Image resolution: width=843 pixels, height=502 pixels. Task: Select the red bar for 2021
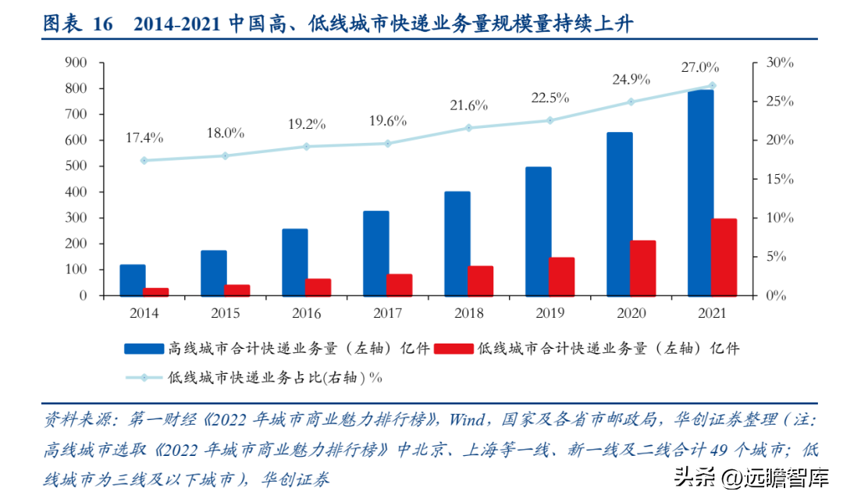tap(724, 257)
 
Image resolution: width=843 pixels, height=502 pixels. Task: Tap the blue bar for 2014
tap(133, 280)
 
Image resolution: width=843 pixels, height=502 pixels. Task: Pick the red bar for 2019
tap(562, 276)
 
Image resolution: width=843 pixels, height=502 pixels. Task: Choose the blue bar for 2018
tap(457, 244)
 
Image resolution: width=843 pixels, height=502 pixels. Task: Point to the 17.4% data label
tap(144, 138)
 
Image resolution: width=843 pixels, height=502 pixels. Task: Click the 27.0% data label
tap(700, 67)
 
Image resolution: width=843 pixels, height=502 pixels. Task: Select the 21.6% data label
tap(468, 105)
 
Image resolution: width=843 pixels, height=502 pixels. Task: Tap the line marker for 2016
tap(306, 147)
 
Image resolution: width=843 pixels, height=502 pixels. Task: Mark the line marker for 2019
tap(550, 120)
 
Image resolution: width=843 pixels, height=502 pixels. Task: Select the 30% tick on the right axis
tap(778, 62)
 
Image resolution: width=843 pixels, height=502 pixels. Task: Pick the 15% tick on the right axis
tap(778, 179)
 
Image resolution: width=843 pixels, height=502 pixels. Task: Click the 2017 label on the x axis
tap(388, 313)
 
